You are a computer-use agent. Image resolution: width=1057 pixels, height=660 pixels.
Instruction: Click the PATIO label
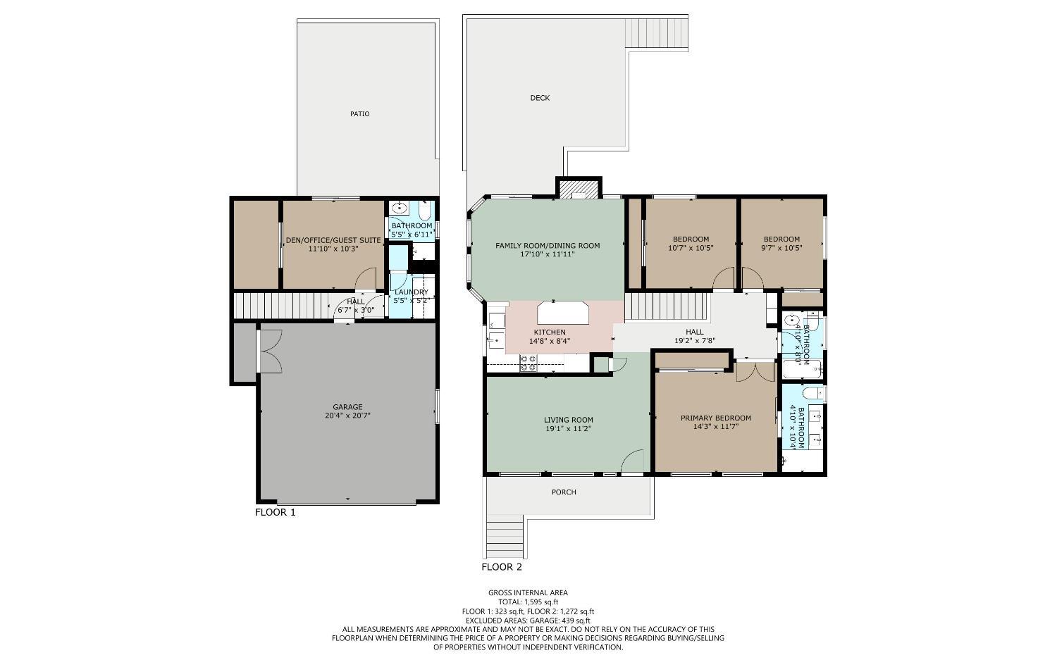coord(359,113)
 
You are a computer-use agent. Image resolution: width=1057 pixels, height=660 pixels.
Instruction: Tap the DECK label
coord(540,98)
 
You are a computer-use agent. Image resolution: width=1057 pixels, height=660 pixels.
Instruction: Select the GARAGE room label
coord(347,406)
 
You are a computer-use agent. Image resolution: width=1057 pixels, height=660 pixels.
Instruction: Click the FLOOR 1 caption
coord(275,512)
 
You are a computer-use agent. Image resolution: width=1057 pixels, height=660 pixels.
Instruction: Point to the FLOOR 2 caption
coord(502,566)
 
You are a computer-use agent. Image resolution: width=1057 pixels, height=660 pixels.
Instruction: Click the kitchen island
coord(562,311)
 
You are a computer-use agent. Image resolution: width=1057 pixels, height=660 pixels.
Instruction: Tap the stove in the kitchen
coord(528,363)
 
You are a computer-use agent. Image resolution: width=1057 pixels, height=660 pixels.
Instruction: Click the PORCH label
coord(564,492)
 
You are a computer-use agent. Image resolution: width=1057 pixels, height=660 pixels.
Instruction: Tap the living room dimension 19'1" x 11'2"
coord(568,428)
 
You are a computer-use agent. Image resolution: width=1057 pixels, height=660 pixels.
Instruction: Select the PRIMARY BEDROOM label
coord(715,418)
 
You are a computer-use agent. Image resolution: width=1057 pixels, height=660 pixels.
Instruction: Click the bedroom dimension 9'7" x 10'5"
coord(781,248)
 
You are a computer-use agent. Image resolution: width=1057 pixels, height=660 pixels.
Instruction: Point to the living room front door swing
coord(633,461)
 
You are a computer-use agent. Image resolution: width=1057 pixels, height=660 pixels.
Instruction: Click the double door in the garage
coord(270,351)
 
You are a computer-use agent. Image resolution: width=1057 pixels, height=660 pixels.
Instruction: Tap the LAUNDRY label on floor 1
coord(411,292)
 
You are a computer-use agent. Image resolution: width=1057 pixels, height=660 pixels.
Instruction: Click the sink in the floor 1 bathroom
coord(400,208)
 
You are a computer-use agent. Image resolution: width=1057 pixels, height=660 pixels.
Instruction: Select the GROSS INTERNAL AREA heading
coord(528,592)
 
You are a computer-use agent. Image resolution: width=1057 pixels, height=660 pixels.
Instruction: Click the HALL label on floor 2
coord(694,332)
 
